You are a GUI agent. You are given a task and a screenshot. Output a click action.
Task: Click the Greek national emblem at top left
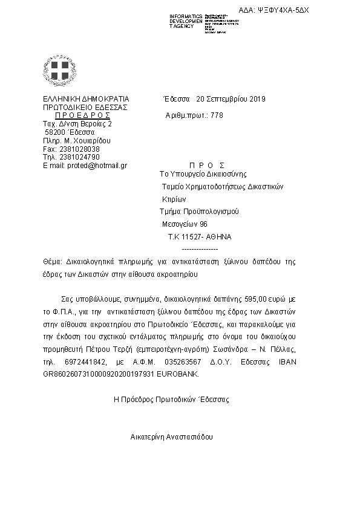[x=59, y=69]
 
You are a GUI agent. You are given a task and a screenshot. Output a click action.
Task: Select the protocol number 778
[x=217, y=115]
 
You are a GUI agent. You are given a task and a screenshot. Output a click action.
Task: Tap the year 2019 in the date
[x=257, y=99]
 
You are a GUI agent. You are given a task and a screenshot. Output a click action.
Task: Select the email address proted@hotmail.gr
[x=90, y=166]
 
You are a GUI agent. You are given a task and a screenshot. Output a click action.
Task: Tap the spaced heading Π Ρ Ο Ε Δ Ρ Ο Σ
[x=82, y=115]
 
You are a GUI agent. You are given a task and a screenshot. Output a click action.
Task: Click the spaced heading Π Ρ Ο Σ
[x=207, y=165]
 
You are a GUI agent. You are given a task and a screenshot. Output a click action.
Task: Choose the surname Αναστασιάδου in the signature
[x=188, y=435]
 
